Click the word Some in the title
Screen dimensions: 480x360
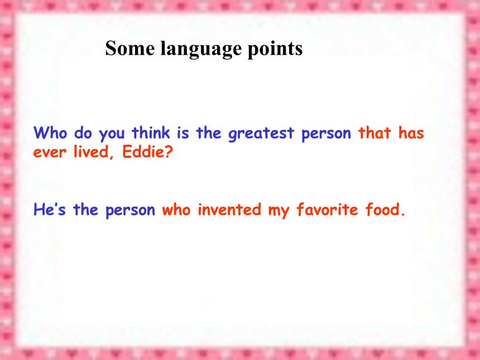pos(130,49)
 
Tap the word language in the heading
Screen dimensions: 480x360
pos(201,50)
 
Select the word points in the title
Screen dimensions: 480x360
pos(275,50)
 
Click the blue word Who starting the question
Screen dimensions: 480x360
pos(50,132)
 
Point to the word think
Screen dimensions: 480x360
pos(151,132)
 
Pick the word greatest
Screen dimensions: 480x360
pos(261,134)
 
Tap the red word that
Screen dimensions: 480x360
pos(375,132)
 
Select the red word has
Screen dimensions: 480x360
pos(411,132)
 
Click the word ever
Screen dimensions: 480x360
pos(50,152)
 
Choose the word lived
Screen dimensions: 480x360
pos(91,152)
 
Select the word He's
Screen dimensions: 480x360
pos(50,209)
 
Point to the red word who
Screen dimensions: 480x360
pos(176,210)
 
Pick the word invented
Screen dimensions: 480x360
pos(229,209)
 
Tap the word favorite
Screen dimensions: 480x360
pos(327,209)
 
